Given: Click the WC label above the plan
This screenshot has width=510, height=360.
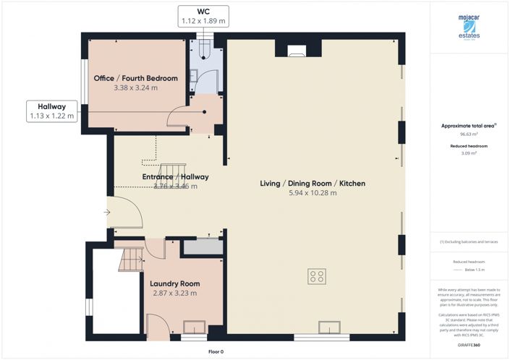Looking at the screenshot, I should point(203,12).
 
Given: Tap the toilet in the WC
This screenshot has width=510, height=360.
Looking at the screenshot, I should point(203,48).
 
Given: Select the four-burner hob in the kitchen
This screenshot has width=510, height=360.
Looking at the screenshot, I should point(316,275).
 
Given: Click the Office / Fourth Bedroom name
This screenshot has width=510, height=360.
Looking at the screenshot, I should point(135,78).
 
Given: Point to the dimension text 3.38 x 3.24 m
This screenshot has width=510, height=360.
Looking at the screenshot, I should point(135,87).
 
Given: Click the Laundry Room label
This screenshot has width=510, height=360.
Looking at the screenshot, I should point(174,283).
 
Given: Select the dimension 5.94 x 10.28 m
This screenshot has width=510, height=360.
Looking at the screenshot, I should point(313,193).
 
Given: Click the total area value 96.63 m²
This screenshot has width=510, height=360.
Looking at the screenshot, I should point(469,134).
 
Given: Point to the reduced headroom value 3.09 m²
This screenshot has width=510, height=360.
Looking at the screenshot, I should point(469,153).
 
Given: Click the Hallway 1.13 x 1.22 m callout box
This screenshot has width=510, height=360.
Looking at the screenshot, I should point(52,111).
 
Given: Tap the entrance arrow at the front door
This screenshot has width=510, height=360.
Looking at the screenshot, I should point(106,212).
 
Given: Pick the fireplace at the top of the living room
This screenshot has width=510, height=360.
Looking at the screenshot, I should point(296,51).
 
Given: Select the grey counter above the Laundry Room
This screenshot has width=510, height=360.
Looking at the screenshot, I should point(202,247).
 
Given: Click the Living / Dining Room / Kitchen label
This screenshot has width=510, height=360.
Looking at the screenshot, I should point(313,184).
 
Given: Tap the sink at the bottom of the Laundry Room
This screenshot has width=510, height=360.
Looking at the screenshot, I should point(194,327).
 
